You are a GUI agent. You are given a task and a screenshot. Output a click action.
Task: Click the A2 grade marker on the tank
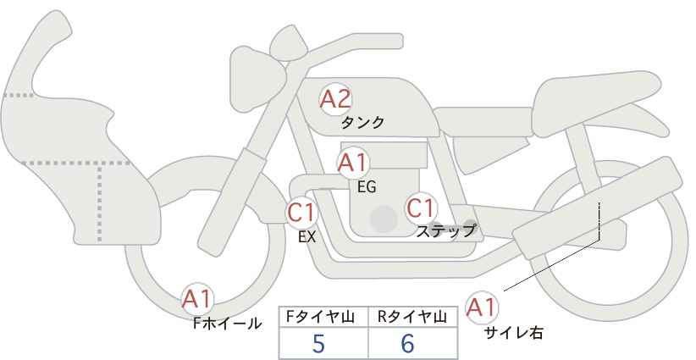pyautogui.click(x=335, y=99)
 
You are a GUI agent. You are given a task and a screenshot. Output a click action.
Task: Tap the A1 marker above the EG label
pyautogui.click(x=353, y=163)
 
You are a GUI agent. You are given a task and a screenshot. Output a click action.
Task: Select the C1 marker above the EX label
pyautogui.click(x=301, y=212)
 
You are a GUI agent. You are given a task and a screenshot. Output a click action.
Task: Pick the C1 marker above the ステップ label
pyautogui.click(x=421, y=208)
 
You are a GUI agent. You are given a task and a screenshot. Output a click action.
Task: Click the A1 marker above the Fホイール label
pyautogui.click(x=197, y=299)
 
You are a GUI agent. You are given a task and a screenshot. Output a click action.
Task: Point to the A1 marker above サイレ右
pyautogui.click(x=482, y=307)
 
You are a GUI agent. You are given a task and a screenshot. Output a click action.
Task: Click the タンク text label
pyautogui.click(x=362, y=123)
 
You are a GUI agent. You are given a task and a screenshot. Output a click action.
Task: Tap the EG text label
pyautogui.click(x=367, y=187)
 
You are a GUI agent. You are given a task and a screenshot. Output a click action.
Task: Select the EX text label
pyautogui.click(x=307, y=237)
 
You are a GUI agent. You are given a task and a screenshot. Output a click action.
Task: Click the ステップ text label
pyautogui.click(x=445, y=231)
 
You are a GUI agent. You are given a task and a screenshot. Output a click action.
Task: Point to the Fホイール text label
pyautogui.click(x=227, y=324)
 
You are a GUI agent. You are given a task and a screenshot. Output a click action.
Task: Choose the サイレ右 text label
pyautogui.click(x=514, y=333)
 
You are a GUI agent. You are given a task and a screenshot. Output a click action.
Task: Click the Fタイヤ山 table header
pyautogui.click(x=320, y=317)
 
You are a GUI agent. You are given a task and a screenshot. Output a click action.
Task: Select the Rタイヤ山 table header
pyautogui.click(x=412, y=317)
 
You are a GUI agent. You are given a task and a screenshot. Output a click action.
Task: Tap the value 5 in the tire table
pyautogui.click(x=318, y=343)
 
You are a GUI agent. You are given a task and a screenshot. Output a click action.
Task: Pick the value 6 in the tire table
pyautogui.click(x=407, y=343)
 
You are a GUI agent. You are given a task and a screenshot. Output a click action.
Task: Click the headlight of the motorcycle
pyautogui.click(x=257, y=79)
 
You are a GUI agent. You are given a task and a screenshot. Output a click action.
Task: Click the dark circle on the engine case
pyautogui.click(x=384, y=219)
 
